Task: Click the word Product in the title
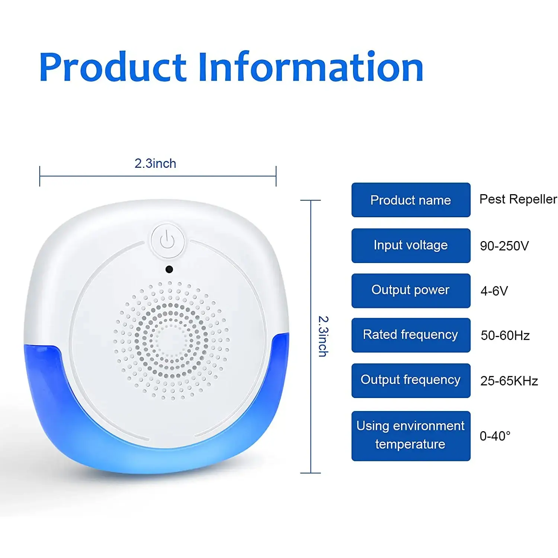[x=113, y=67]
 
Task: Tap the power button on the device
[x=167, y=240]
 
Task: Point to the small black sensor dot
[x=169, y=269]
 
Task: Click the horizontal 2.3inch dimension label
[x=155, y=163]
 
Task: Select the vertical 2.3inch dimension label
[x=323, y=336]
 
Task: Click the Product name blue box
[x=411, y=200]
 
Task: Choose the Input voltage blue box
[x=411, y=246]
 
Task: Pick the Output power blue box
[x=411, y=291]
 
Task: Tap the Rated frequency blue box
[x=411, y=335]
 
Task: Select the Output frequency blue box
[x=411, y=381]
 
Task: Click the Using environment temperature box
[x=411, y=436]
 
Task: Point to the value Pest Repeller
[x=518, y=199]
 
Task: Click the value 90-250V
[x=504, y=246]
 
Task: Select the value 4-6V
[x=494, y=291]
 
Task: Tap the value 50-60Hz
[x=505, y=336]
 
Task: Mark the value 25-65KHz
[x=509, y=381]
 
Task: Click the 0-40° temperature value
[x=495, y=436]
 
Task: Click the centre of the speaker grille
[x=171, y=340]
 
